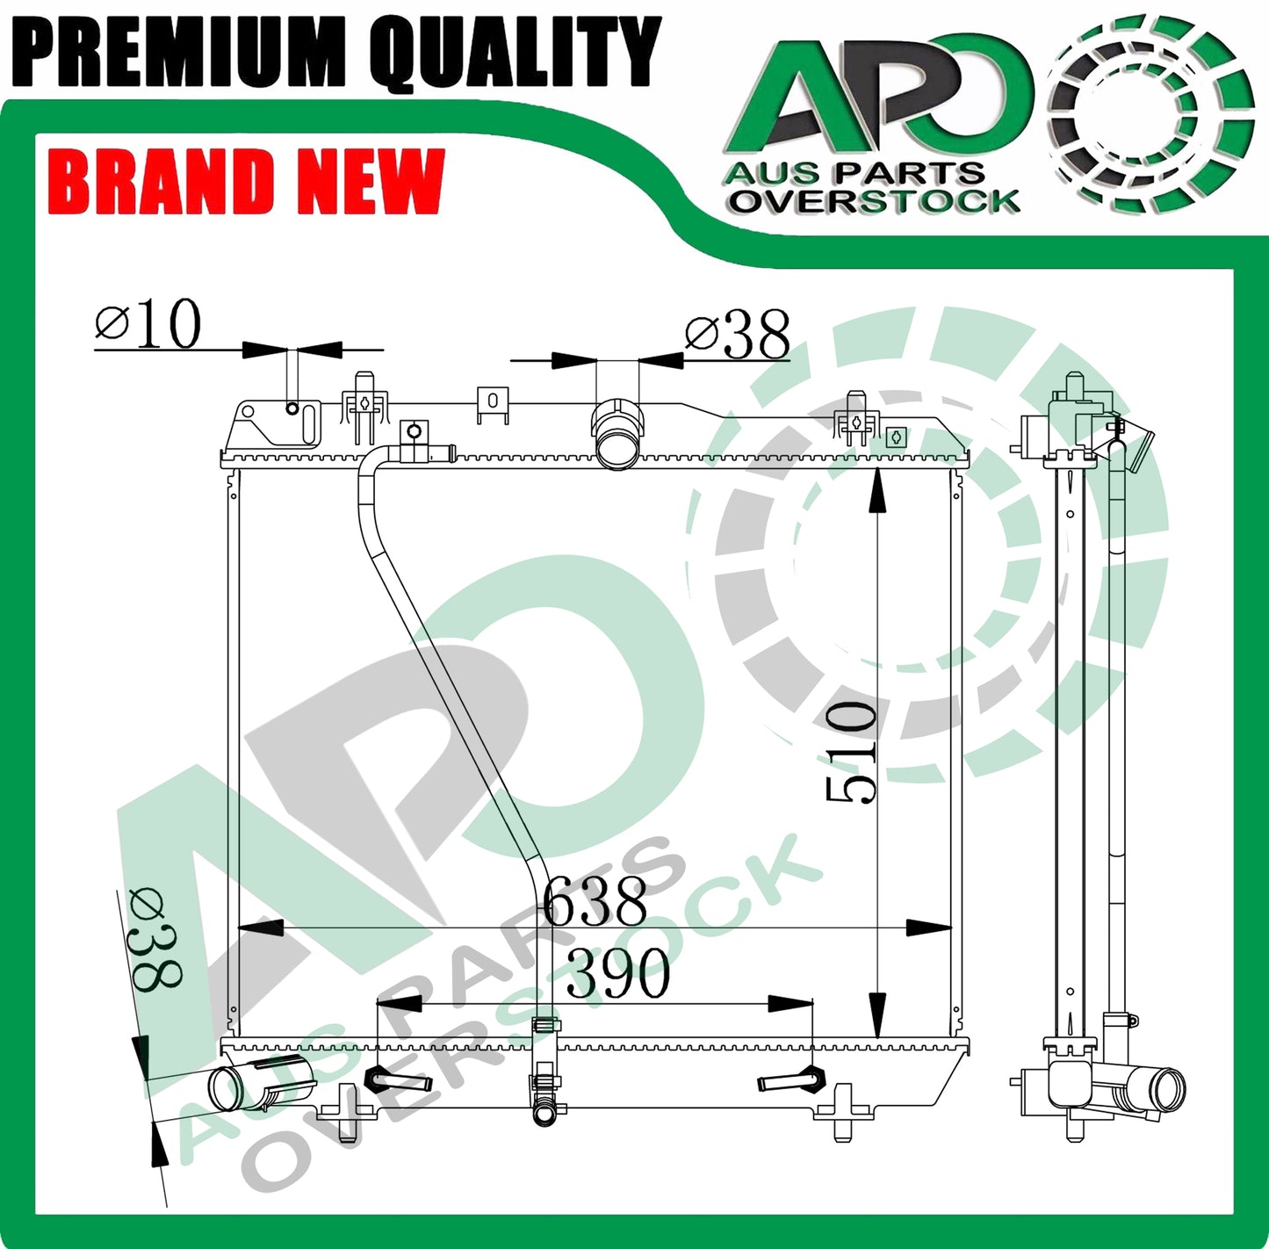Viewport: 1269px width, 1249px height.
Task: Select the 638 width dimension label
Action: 595,901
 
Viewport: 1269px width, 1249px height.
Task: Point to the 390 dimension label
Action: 618,974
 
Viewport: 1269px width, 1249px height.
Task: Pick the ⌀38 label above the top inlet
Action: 738,335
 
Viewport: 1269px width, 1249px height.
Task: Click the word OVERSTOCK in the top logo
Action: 874,200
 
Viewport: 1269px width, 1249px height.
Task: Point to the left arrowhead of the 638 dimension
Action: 261,928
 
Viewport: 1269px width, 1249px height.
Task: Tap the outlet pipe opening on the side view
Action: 1168,1089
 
